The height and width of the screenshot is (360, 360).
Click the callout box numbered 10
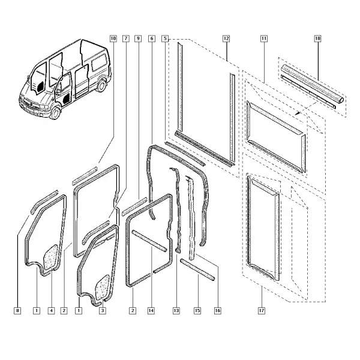[x=113, y=38]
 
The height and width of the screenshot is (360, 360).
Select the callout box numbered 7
[x=126, y=38]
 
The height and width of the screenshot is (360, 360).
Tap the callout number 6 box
[x=152, y=38]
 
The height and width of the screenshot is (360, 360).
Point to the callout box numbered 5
[x=165, y=38]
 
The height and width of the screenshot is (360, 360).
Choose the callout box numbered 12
[x=226, y=38]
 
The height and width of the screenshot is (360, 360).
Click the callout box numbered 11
[x=264, y=38]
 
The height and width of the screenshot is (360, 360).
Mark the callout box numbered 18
[x=317, y=38]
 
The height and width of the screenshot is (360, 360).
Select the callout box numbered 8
[x=17, y=311]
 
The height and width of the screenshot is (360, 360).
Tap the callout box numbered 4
[x=51, y=311]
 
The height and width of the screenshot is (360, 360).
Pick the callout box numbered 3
[x=103, y=311]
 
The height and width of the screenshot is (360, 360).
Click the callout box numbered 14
[x=151, y=311]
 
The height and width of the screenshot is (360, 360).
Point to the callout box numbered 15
[x=197, y=311]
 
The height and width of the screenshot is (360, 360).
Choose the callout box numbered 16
[x=218, y=311]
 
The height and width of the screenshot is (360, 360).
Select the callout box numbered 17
[x=262, y=311]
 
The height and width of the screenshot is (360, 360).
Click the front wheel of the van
[x=55, y=113]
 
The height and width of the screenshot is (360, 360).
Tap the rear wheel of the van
[x=101, y=85]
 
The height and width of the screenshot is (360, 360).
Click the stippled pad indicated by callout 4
[x=50, y=257]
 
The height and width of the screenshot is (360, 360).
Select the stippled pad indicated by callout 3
[x=102, y=287]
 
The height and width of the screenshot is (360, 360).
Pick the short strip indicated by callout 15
[x=197, y=269]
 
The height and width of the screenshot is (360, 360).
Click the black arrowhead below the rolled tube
[x=298, y=113]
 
